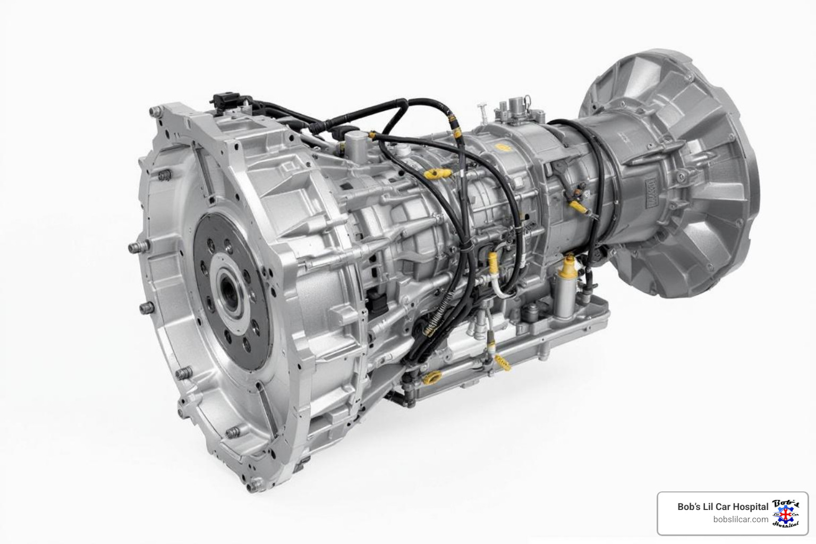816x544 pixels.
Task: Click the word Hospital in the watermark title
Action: pyautogui.click(x=750, y=507)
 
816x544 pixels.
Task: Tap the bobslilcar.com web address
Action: pyautogui.click(x=741, y=520)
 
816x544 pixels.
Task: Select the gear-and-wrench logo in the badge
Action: pyautogui.click(x=785, y=514)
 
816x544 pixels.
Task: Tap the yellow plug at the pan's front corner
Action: pyautogui.click(x=431, y=379)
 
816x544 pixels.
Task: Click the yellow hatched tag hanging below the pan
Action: pyautogui.click(x=502, y=364)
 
